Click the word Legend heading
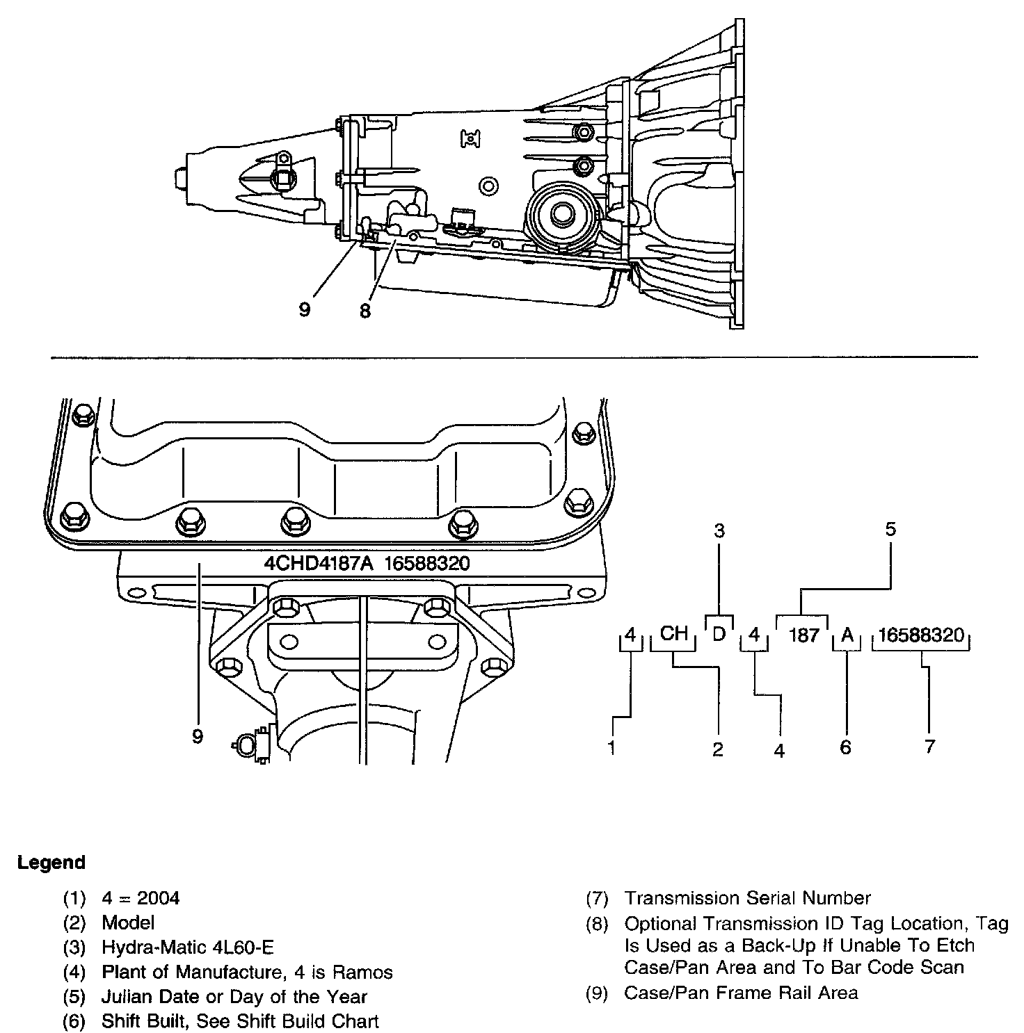pos(51,863)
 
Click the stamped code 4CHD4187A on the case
pos(319,563)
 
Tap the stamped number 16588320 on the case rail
pos(426,563)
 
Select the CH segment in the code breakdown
pos(673,633)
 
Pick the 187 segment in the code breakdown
pos(804,635)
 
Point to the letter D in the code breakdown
pos(719,633)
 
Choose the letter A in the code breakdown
pos(847,635)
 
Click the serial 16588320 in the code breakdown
pos(921,635)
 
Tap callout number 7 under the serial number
pos(930,747)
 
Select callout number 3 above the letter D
pos(719,531)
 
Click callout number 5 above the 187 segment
pos(890,529)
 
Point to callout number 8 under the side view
pos(365,310)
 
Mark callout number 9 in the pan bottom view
pos(198,736)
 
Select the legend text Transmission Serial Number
pos(747,898)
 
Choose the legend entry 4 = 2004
pos(141,898)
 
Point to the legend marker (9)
pos(598,993)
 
